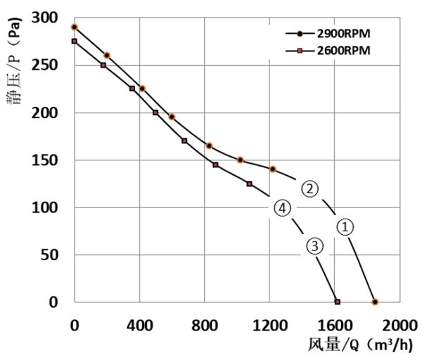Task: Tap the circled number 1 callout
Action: tap(345, 226)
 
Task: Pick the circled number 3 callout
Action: tap(314, 245)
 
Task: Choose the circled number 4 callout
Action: tap(281, 207)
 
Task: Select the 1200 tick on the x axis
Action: tap(270, 325)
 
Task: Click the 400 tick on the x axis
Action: tap(139, 325)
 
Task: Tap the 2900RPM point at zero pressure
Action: tap(375, 302)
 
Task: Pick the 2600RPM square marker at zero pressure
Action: tap(338, 302)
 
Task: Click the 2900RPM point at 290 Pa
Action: tap(75, 27)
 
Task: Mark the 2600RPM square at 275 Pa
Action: tap(75, 41)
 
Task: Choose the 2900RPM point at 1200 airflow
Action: tap(273, 169)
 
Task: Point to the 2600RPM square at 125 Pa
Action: tap(250, 184)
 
